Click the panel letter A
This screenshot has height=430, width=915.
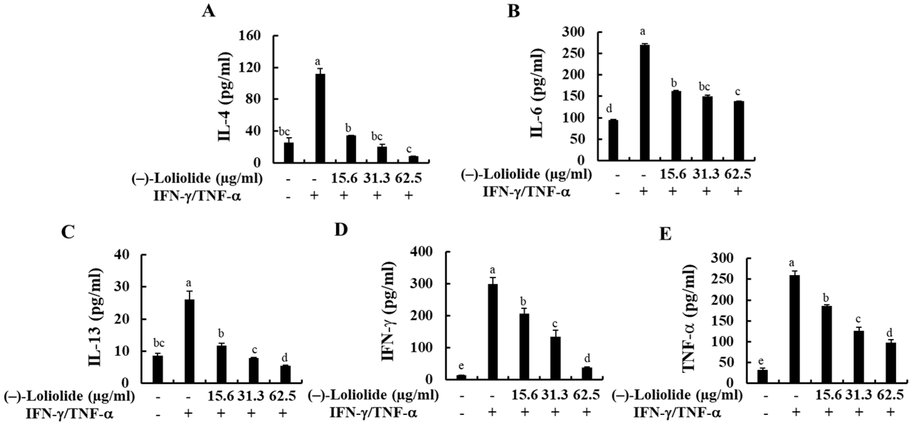(x=209, y=11)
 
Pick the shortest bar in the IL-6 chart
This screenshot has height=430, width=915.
(x=613, y=140)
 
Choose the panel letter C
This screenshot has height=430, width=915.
(x=68, y=233)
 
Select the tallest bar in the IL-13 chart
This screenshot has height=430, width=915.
(x=189, y=341)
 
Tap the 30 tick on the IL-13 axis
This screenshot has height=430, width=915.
(x=122, y=287)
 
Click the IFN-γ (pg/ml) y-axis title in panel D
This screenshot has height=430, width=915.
(x=388, y=311)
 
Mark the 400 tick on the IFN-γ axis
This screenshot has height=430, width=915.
(x=421, y=252)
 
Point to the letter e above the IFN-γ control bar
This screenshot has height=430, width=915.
(x=461, y=365)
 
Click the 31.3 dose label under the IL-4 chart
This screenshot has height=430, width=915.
(x=377, y=178)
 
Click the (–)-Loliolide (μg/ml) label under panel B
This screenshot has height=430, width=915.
(x=527, y=174)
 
